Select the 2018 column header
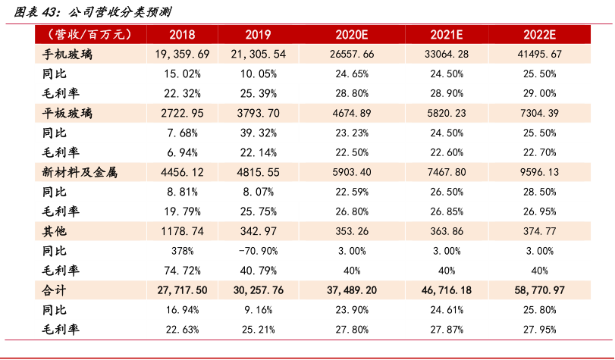point(182,35)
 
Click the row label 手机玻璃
point(68,55)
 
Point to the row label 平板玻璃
point(68,114)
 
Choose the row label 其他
point(55,231)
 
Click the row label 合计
point(55,290)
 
